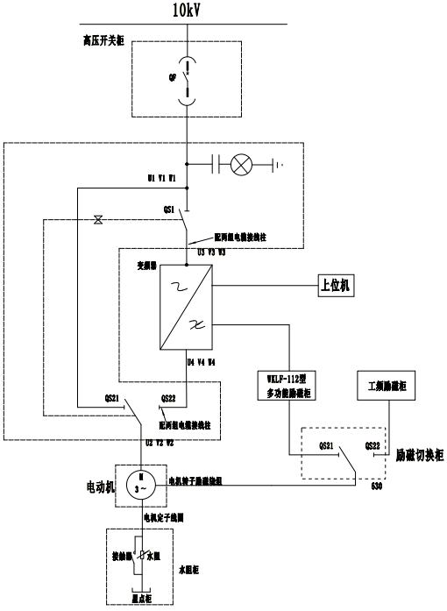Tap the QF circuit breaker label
pos(172,75)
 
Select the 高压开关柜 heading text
pos(103,40)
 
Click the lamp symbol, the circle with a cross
pos(241,163)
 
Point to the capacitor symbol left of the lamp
pos(213,163)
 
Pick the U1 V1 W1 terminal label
pos(162,178)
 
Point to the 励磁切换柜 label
pos(420,455)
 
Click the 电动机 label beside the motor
pos(101,483)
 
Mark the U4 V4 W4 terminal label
pos(202,359)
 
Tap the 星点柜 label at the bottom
pos(142,599)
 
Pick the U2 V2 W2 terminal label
pos(161,444)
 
